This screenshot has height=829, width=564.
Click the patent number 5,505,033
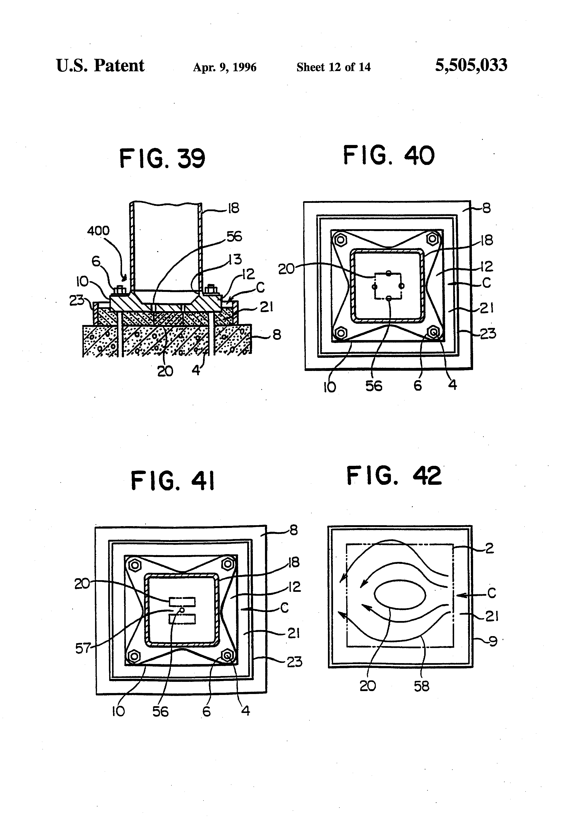[x=471, y=65]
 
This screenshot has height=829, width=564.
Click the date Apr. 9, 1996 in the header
[x=225, y=67]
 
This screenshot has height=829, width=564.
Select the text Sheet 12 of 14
[x=333, y=67]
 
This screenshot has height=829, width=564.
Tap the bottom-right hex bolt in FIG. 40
[x=433, y=332]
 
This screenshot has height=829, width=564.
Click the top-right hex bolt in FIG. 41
[x=228, y=564]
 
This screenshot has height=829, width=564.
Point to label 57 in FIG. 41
[x=83, y=648]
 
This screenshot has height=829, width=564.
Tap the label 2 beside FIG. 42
[x=490, y=548]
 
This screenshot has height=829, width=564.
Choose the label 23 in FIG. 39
[x=76, y=301]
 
